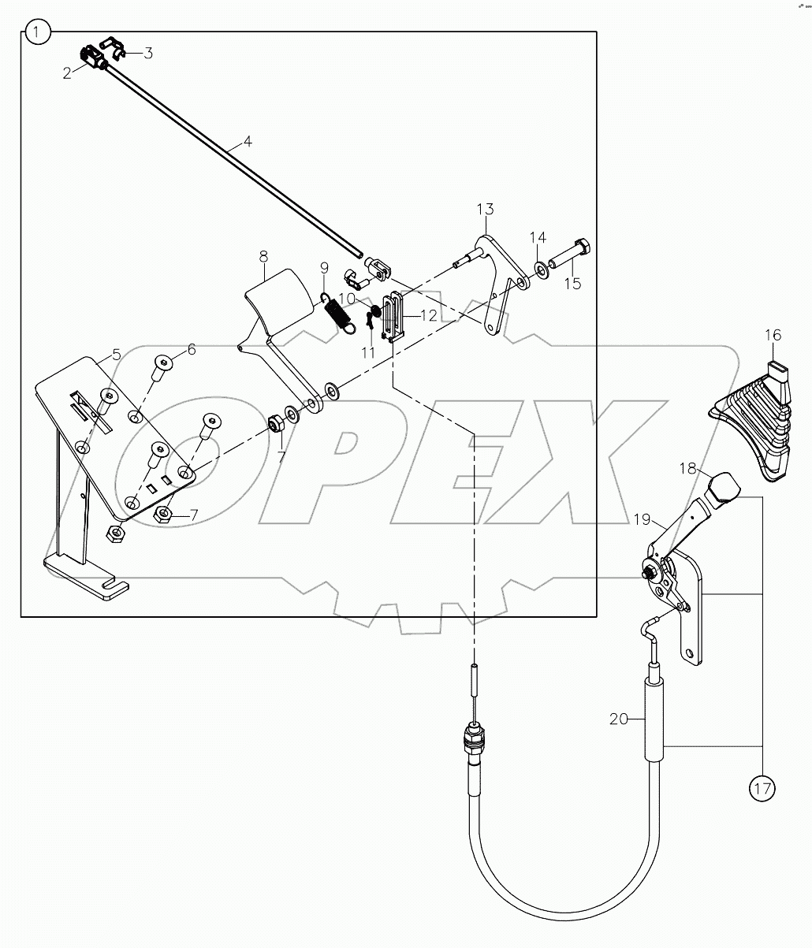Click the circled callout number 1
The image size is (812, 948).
tap(38, 33)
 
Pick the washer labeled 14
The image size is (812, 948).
tap(542, 270)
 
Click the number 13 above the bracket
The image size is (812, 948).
tap(485, 210)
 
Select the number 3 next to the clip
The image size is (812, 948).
tap(148, 54)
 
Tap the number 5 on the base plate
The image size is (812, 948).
tap(117, 355)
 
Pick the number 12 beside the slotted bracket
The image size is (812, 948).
tap(428, 315)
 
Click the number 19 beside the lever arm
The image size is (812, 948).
tap(641, 520)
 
